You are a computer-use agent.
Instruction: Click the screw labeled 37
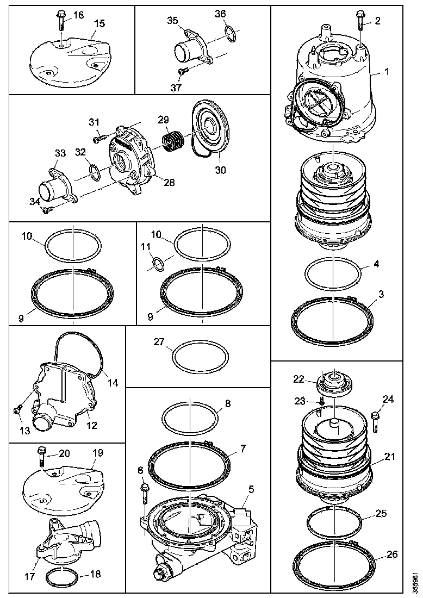click(183, 71)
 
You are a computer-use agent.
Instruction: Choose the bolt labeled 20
click(43, 456)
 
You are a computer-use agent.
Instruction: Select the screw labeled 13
click(18, 409)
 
